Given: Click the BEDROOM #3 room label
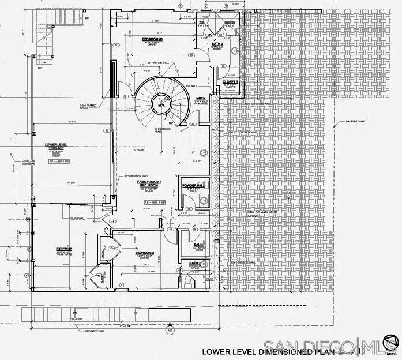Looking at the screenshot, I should (x=152, y=39).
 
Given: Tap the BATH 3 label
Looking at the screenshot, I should (x=217, y=43).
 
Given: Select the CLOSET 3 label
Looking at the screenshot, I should (x=230, y=82).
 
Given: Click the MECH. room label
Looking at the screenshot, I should (x=201, y=99).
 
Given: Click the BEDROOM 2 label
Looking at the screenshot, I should (x=145, y=253).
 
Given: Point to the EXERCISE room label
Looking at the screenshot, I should (x=63, y=249).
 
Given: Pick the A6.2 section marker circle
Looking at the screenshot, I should (x=170, y=331).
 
